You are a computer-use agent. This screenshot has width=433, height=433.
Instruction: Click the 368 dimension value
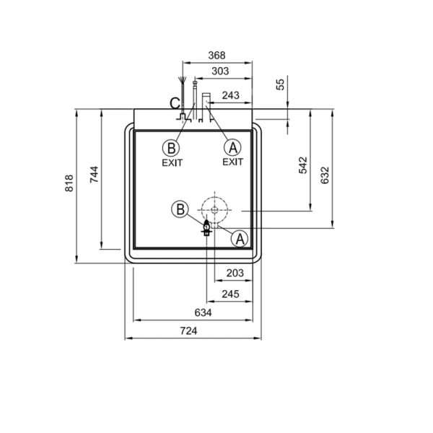216,56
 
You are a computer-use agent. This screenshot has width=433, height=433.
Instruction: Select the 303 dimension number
220,71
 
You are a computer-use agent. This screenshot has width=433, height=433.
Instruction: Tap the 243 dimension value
231,95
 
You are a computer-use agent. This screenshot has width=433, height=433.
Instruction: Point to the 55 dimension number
280,84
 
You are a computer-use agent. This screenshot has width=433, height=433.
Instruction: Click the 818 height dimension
69,183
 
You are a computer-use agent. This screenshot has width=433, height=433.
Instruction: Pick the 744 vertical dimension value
94,175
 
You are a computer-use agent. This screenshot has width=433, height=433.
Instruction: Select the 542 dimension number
303,165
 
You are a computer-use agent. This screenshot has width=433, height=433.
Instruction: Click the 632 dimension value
325,175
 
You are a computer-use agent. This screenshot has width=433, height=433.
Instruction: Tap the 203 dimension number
235,273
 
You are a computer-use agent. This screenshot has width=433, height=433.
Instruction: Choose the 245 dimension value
231,294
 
